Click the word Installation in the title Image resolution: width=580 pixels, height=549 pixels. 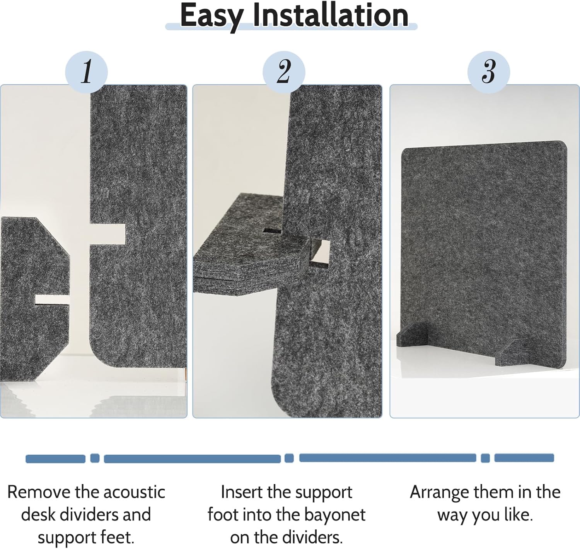click(x=331, y=15)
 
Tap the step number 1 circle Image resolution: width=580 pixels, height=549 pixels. click(x=87, y=72)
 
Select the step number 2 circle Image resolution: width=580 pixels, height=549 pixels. click(x=284, y=72)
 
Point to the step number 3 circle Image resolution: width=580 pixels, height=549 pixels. click(x=488, y=72)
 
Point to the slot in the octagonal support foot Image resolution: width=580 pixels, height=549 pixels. click(x=52, y=299)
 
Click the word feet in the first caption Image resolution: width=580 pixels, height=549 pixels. click(x=118, y=537)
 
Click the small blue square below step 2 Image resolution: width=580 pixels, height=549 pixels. click(x=289, y=458)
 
